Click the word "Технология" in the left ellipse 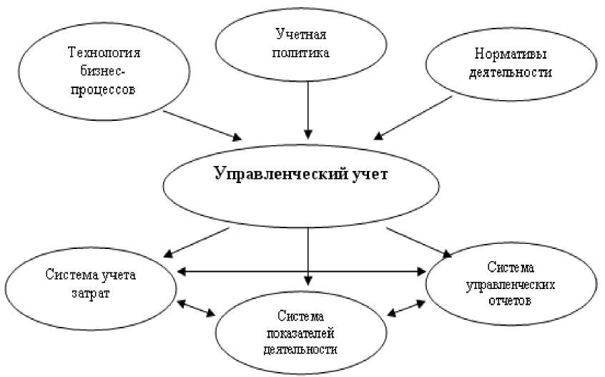click(104, 53)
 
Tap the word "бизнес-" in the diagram click(104, 72)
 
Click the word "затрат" click(91, 294)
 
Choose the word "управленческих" click(511, 284)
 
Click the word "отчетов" click(511, 300)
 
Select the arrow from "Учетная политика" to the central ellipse click(308, 107)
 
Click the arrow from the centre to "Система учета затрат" click(197, 242)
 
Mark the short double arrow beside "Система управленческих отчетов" click(405, 308)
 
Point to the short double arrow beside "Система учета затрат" click(196, 308)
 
